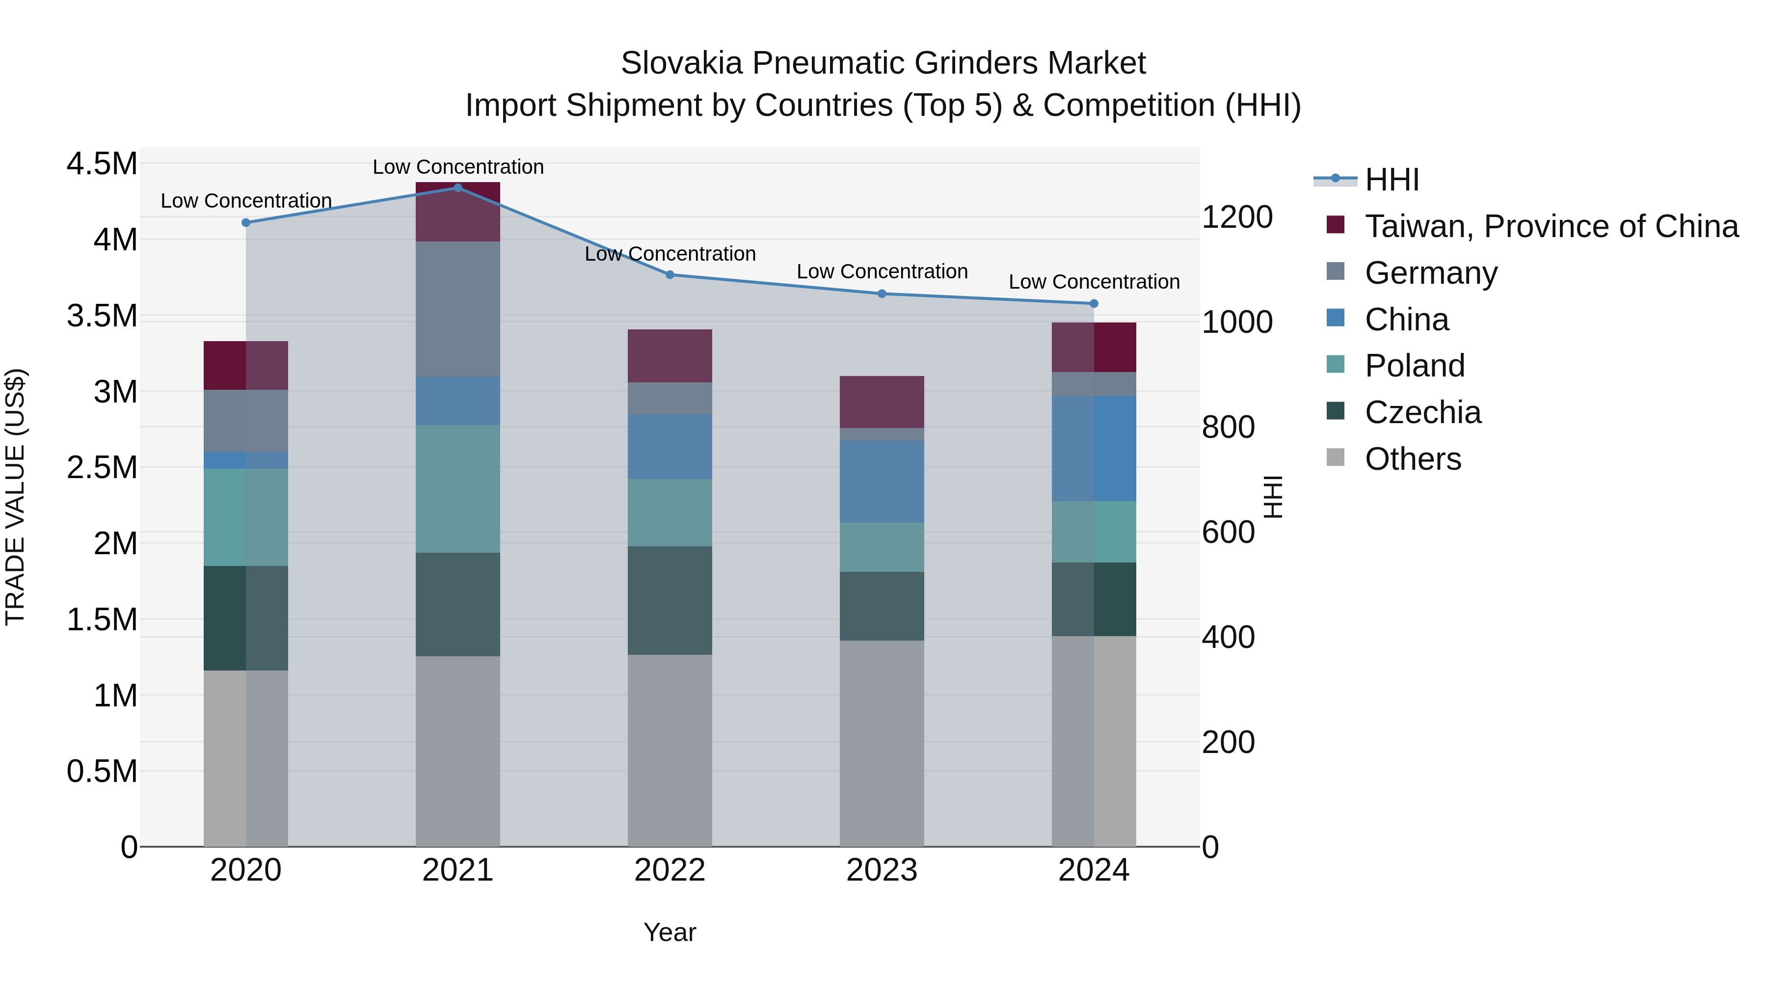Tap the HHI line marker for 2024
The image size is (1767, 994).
click(x=1094, y=303)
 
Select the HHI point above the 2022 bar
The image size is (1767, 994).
click(x=670, y=274)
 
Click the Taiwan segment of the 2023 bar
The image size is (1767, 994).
click(x=882, y=402)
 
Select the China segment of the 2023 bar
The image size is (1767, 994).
click(x=882, y=482)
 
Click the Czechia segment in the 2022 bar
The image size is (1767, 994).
click(x=669, y=600)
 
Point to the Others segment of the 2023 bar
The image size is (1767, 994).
click(x=882, y=744)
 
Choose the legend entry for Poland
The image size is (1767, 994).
click(x=1415, y=366)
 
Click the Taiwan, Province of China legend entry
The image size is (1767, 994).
click(x=1551, y=226)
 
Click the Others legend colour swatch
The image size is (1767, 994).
click(x=1335, y=457)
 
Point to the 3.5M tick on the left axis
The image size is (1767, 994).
click(x=102, y=316)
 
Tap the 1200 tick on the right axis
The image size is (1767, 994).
click(x=1237, y=217)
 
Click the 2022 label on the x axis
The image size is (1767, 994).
click(x=669, y=870)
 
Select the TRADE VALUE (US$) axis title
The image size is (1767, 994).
click(x=15, y=497)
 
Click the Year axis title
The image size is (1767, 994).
click(x=669, y=932)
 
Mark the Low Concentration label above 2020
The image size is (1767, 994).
click(x=246, y=201)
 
